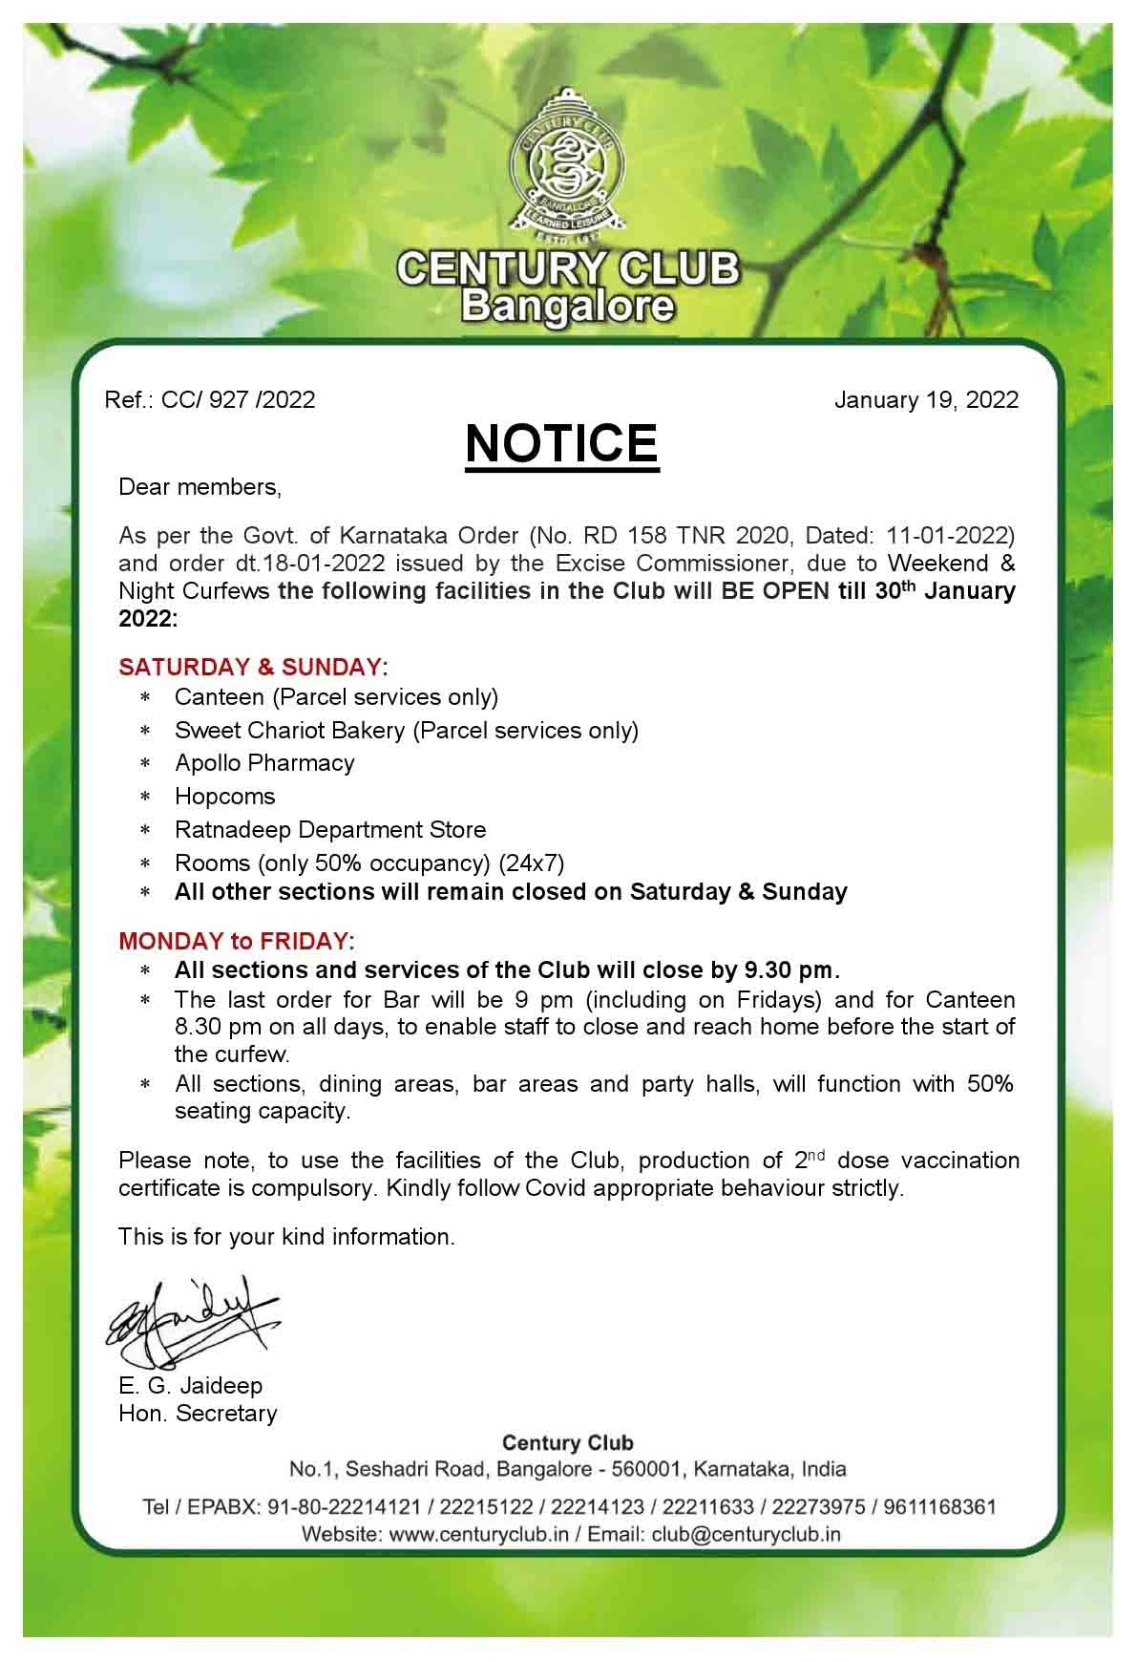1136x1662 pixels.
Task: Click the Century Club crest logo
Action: [567, 166]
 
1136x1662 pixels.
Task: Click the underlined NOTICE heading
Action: [561, 444]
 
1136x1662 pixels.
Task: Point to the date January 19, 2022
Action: [926, 399]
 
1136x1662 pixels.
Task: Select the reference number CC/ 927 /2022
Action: [238, 399]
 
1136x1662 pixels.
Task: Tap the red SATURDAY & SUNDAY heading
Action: [249, 666]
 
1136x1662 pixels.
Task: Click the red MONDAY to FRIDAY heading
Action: [234, 941]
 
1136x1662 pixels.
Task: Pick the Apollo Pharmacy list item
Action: [264, 763]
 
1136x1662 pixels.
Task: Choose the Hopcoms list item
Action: [224, 797]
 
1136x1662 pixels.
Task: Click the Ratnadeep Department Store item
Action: [330, 829]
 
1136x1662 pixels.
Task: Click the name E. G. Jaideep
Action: [191, 1385]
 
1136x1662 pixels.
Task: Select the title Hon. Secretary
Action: [198, 1413]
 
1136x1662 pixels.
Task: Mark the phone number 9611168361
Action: [940, 1507]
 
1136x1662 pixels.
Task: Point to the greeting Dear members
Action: [200, 487]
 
